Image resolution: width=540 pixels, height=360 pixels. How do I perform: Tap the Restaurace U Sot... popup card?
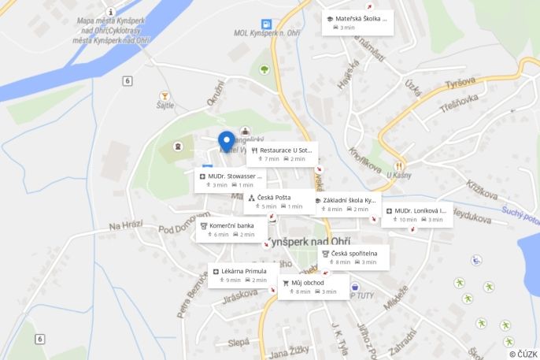click(x=281, y=154)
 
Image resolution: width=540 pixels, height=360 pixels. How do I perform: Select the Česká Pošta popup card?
click(x=279, y=201)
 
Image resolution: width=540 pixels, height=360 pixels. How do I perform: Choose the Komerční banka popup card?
click(x=230, y=229)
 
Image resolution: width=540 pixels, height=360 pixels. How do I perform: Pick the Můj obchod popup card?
click(x=313, y=286)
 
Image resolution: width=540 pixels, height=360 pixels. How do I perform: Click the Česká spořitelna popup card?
click(x=353, y=257)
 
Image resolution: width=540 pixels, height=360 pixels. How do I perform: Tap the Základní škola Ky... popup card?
click(x=346, y=204)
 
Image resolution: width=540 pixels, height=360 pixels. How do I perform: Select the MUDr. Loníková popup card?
click(x=416, y=214)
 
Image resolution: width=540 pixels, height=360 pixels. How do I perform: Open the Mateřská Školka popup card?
click(x=357, y=22)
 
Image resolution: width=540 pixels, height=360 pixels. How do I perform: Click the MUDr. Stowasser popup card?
click(x=229, y=180)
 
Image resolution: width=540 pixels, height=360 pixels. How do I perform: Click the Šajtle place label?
click(x=165, y=104)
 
